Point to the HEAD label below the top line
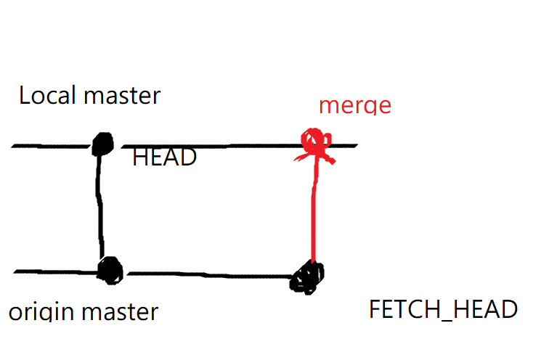[164, 157]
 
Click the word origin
[40, 313]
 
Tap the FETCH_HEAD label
[443, 310]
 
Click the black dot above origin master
[111, 271]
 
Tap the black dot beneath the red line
[308, 277]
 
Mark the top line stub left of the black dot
[51, 146]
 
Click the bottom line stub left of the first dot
[54, 273]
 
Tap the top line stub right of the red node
[345, 146]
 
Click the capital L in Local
[25, 95]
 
